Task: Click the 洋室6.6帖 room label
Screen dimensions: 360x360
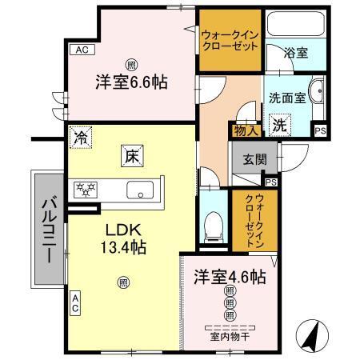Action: [132, 82]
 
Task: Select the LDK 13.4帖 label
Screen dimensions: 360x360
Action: [122, 238]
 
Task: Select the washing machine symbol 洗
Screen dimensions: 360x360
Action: [279, 125]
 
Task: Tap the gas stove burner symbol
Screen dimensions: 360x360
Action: [86, 190]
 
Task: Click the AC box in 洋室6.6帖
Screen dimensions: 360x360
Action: [81, 50]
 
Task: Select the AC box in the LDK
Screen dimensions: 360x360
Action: [75, 303]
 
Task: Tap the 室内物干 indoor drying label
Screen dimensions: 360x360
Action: [230, 336]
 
